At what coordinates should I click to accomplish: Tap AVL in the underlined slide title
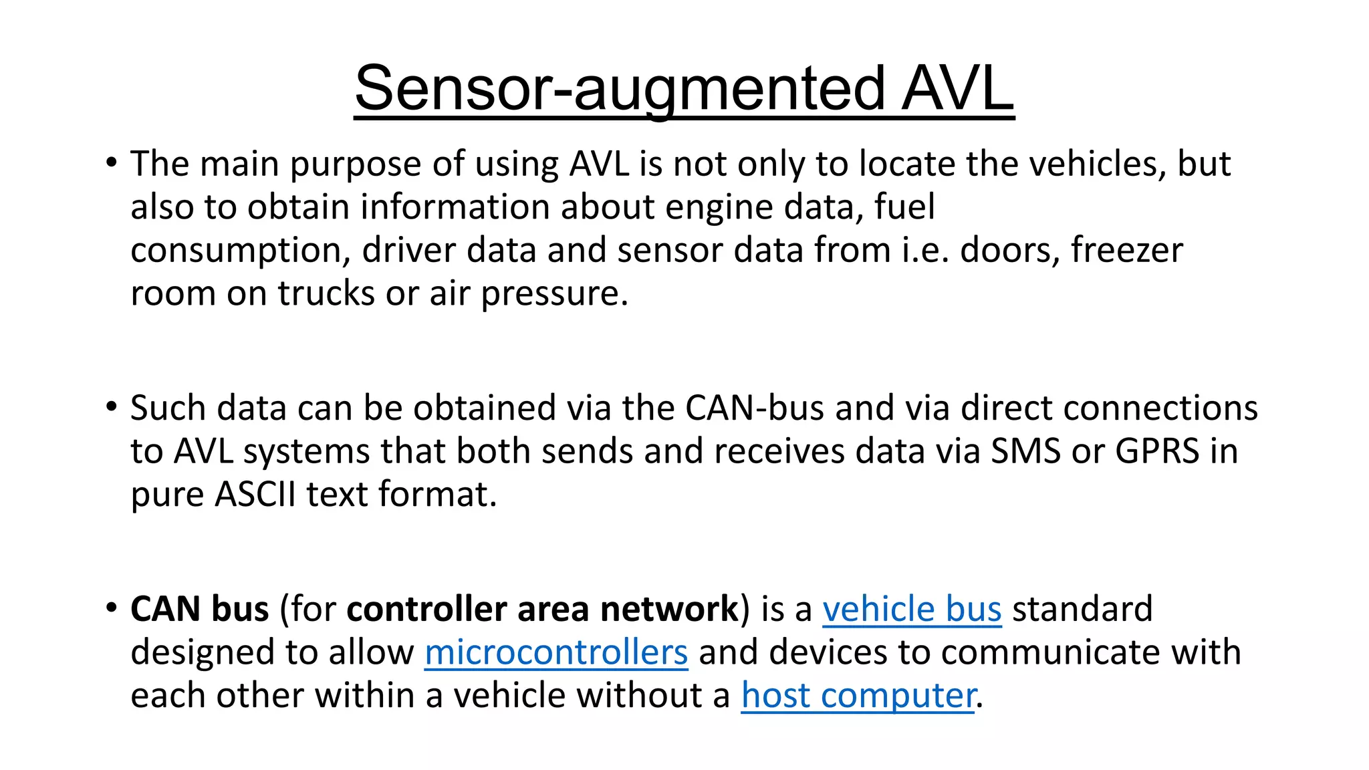pyautogui.click(x=957, y=89)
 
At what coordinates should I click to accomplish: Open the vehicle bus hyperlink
pyautogui.click(x=912, y=609)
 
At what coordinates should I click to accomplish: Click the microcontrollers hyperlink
pyautogui.click(x=556, y=652)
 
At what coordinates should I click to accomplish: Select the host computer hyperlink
pyautogui.click(x=858, y=696)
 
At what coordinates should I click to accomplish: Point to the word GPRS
pyautogui.click(x=1157, y=451)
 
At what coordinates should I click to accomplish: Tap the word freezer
pyautogui.click(x=1127, y=250)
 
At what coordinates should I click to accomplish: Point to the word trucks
pyautogui.click(x=326, y=293)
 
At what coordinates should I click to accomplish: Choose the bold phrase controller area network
pyautogui.click(x=542, y=609)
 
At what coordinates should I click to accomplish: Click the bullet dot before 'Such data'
pyautogui.click(x=112, y=406)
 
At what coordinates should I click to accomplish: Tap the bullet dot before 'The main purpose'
pyautogui.click(x=112, y=162)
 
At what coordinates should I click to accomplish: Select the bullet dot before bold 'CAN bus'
pyautogui.click(x=112, y=608)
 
